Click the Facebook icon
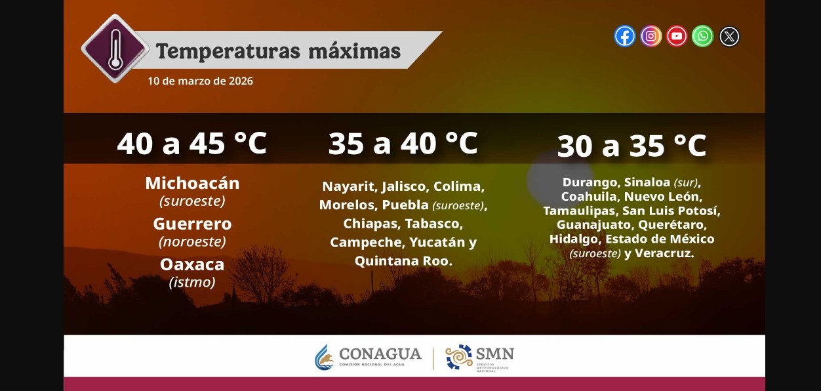click(624, 36)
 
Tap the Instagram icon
click(651, 36)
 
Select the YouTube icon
click(677, 36)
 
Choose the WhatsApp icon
click(702, 36)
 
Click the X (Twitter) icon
click(729, 36)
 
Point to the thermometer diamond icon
click(115, 48)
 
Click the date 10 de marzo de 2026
click(200, 81)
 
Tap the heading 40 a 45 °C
click(191, 144)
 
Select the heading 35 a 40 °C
click(403, 143)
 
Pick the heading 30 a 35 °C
click(631, 146)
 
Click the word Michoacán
click(192, 183)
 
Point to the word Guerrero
click(192, 224)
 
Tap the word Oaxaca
click(192, 264)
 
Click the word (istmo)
click(192, 282)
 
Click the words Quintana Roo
click(403, 261)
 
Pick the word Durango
click(590, 182)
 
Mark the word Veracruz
click(664, 253)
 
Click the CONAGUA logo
click(368, 358)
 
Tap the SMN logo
click(479, 358)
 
